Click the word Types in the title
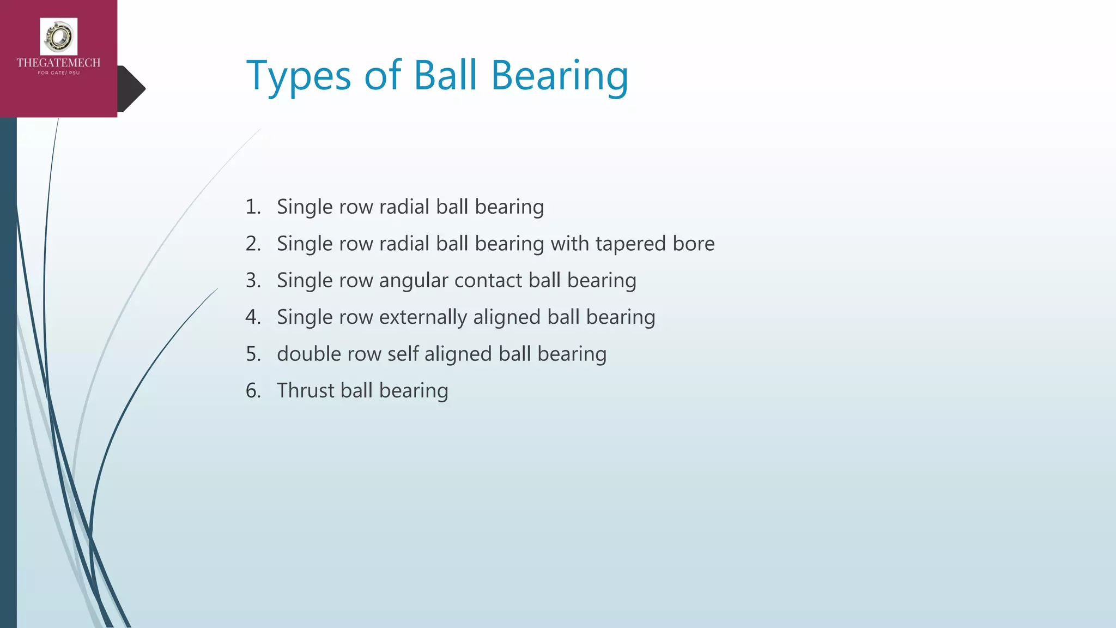coord(299,76)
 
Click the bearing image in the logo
coord(59,37)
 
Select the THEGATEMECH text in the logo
coord(59,63)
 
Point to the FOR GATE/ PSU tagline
coord(59,73)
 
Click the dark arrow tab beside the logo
coord(132,89)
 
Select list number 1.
coord(253,207)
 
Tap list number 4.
coord(253,317)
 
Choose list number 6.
coord(253,391)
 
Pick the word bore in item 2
coord(693,244)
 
